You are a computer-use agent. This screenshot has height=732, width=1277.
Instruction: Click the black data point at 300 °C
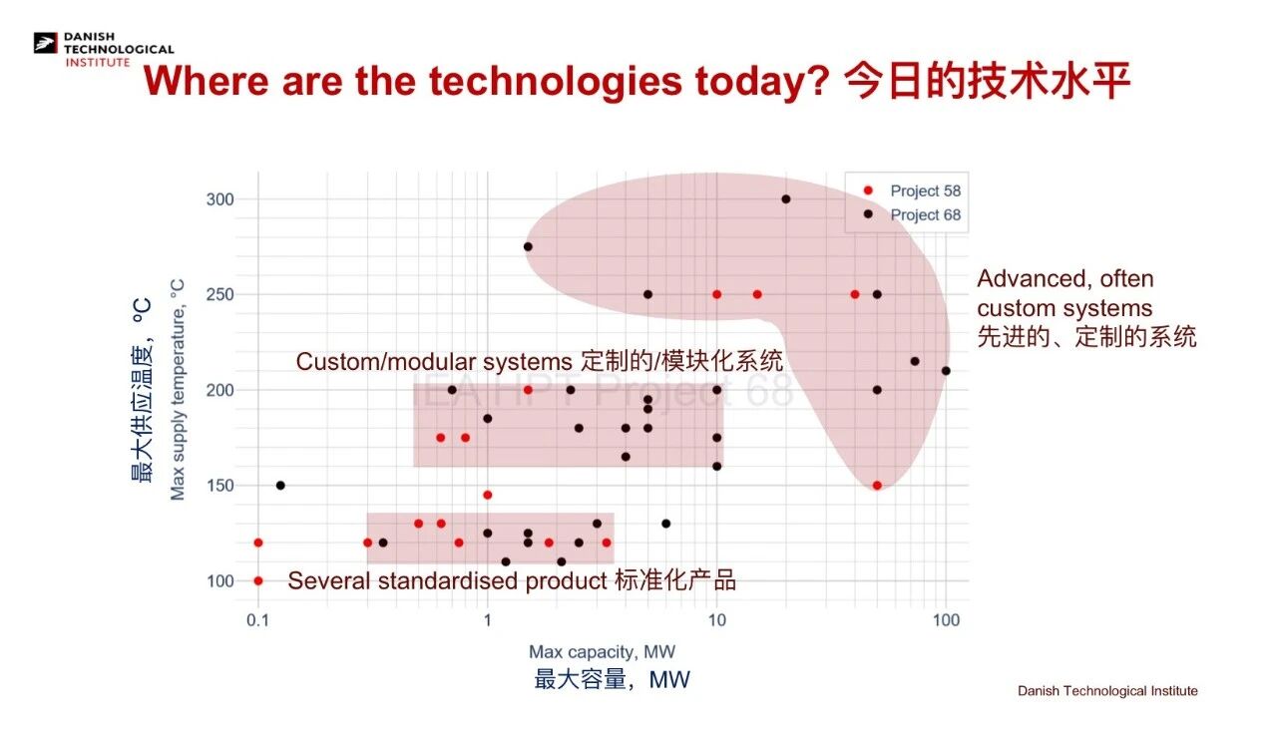[785, 199]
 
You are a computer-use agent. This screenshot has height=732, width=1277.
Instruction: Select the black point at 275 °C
[528, 247]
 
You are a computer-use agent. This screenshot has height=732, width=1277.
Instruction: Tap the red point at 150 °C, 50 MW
[877, 486]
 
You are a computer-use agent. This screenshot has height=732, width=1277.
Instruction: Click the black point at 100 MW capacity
[946, 371]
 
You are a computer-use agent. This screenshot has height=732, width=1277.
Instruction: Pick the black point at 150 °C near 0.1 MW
[280, 486]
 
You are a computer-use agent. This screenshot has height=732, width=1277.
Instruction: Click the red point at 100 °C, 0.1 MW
[258, 581]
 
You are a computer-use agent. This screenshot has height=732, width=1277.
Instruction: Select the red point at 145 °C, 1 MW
[488, 495]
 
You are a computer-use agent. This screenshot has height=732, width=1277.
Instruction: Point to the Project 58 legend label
[925, 191]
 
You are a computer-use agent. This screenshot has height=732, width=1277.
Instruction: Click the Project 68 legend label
[925, 215]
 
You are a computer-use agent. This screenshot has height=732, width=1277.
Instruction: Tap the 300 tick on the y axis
[220, 199]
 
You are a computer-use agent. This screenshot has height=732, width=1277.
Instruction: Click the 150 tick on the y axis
[220, 486]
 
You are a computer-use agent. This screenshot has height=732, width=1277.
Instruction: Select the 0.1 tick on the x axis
[257, 620]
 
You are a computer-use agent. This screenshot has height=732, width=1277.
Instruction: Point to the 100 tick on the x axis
[946, 620]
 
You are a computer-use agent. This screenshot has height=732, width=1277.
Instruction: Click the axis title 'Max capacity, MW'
[602, 651]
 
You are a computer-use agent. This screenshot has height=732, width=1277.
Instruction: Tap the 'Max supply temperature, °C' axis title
[178, 390]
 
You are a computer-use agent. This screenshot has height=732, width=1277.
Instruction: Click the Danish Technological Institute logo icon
[46, 43]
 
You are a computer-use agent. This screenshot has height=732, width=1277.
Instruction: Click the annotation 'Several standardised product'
[448, 581]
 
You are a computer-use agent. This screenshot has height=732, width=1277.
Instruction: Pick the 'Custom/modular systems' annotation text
[434, 362]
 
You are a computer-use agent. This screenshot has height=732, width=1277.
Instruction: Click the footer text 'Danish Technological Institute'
[1107, 691]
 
